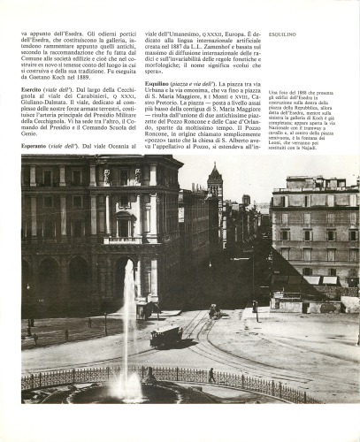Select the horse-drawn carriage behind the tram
click(x=214, y=311)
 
